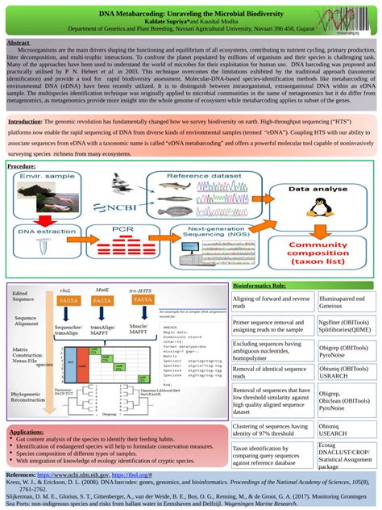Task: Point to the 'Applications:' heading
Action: point(33,433)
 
